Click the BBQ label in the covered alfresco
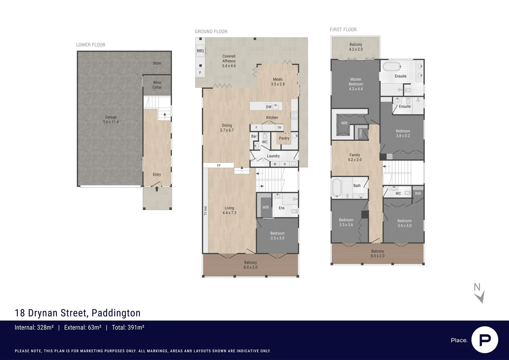pyautogui.click(x=200, y=51)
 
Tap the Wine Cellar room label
pyautogui.click(x=157, y=85)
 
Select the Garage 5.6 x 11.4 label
pyautogui.click(x=111, y=119)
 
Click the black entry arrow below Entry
pyautogui.click(x=157, y=189)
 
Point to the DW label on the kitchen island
pyautogui.click(x=269, y=107)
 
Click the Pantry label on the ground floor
pyautogui.click(x=284, y=138)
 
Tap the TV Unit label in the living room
pyautogui.click(x=205, y=211)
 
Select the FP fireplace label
pyautogui.click(x=219, y=165)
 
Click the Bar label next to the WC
pyautogui.click(x=254, y=136)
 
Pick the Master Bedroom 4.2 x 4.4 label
pyautogui.click(x=356, y=84)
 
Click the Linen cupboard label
pyautogui.click(x=360, y=133)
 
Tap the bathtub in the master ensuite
pyautogui.click(x=392, y=66)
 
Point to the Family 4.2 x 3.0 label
pyautogui.click(x=355, y=157)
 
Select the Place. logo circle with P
pyautogui.click(x=485, y=340)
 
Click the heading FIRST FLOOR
pyautogui.click(x=343, y=30)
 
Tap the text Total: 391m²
pyautogui.click(x=128, y=328)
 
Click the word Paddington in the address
pyautogui.click(x=116, y=313)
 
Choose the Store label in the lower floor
pyautogui.click(x=157, y=63)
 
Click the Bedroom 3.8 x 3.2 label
pyautogui.click(x=403, y=133)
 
